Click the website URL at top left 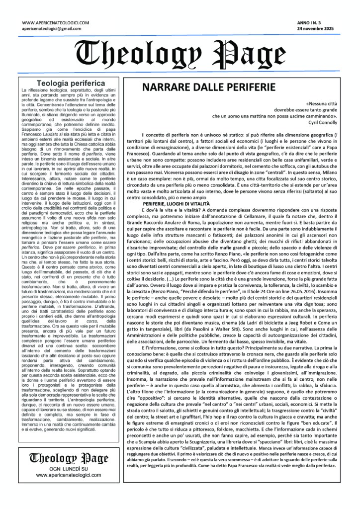pyautogui.click(x=56, y=23)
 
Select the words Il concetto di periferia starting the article pyautogui.click(x=164, y=135)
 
